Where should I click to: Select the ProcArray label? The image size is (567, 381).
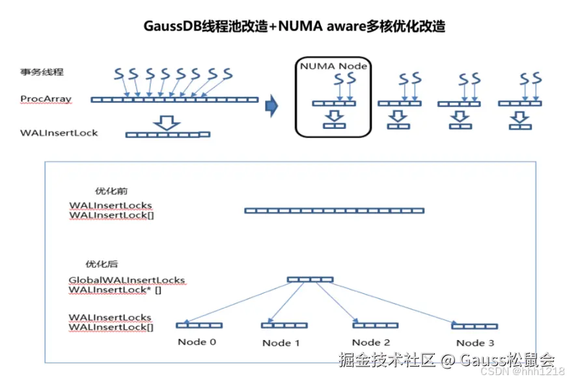pos(46,99)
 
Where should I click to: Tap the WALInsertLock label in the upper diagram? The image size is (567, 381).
pos(59,133)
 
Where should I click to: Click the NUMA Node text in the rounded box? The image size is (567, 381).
pos(333,66)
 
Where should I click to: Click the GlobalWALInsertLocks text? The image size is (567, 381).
pos(127,280)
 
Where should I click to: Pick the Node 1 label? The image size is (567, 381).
pos(281,343)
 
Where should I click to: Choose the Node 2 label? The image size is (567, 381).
pos(370,342)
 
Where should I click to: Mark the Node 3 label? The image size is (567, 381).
pos(475,343)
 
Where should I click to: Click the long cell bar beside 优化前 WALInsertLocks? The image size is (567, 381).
pos(334,210)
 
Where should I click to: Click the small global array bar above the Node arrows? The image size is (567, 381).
pos(310,279)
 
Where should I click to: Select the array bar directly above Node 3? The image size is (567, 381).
pos(475,326)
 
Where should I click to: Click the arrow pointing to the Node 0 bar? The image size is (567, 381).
pos(234,303)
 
